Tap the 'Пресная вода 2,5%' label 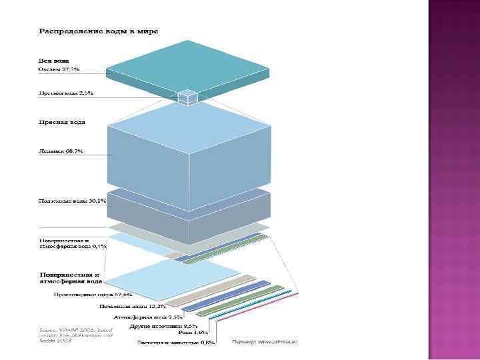coord(65,93)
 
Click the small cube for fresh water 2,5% coord(187,97)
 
